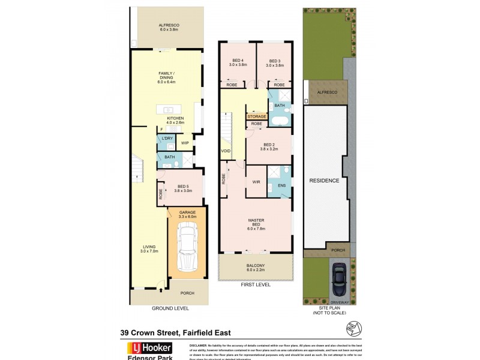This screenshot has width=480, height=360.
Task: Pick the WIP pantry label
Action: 185,143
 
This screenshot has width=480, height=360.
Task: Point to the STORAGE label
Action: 257,116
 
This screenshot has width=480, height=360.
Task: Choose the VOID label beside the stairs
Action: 226,151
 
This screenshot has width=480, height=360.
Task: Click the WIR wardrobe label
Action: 256,182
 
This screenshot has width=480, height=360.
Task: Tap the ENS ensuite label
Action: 281,186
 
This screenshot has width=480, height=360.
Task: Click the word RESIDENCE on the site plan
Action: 324,181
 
